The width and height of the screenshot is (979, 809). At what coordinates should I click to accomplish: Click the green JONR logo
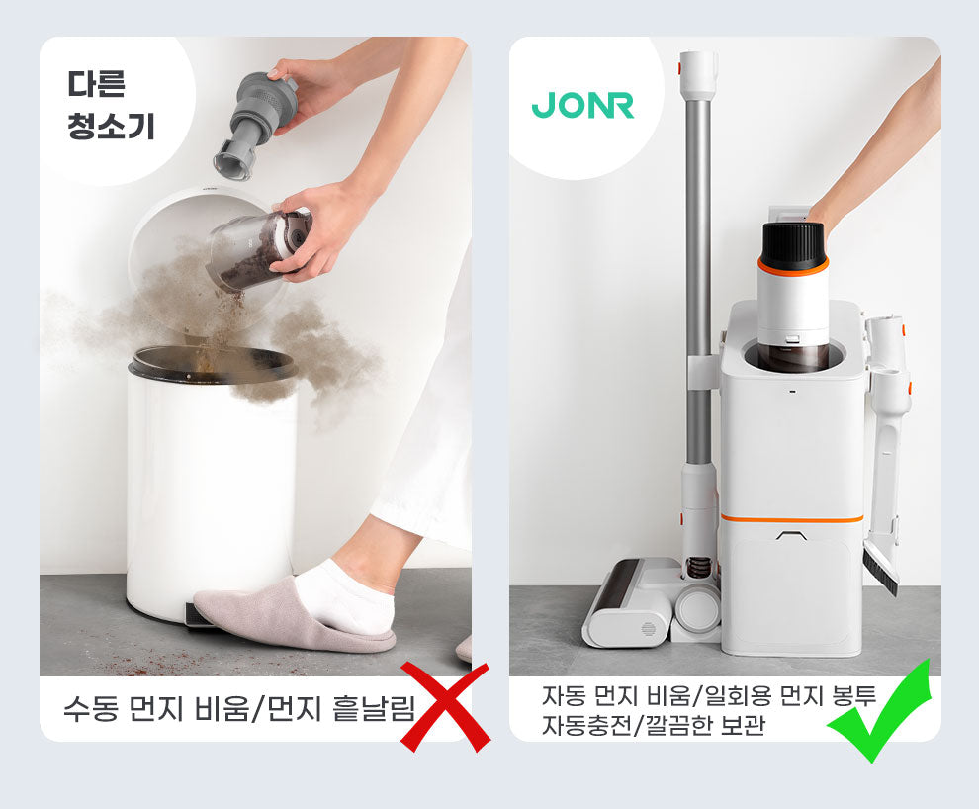pos(582,105)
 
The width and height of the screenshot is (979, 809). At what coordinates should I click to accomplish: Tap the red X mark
pos(445,706)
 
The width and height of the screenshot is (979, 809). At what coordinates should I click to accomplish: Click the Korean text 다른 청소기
pos(111,105)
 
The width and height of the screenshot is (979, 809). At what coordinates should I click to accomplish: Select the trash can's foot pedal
pos(200,615)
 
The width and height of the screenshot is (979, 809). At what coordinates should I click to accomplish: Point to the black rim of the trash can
pos(213,365)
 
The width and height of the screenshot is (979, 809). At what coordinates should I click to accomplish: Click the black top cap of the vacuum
pos(793,246)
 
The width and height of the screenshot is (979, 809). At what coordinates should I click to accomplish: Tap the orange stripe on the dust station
pos(792,518)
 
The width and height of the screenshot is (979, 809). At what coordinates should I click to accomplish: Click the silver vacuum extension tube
pos(699,281)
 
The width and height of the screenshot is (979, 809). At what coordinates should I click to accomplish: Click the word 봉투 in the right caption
pos(854,695)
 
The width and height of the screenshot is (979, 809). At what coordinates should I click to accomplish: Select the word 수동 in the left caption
pos(91,708)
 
